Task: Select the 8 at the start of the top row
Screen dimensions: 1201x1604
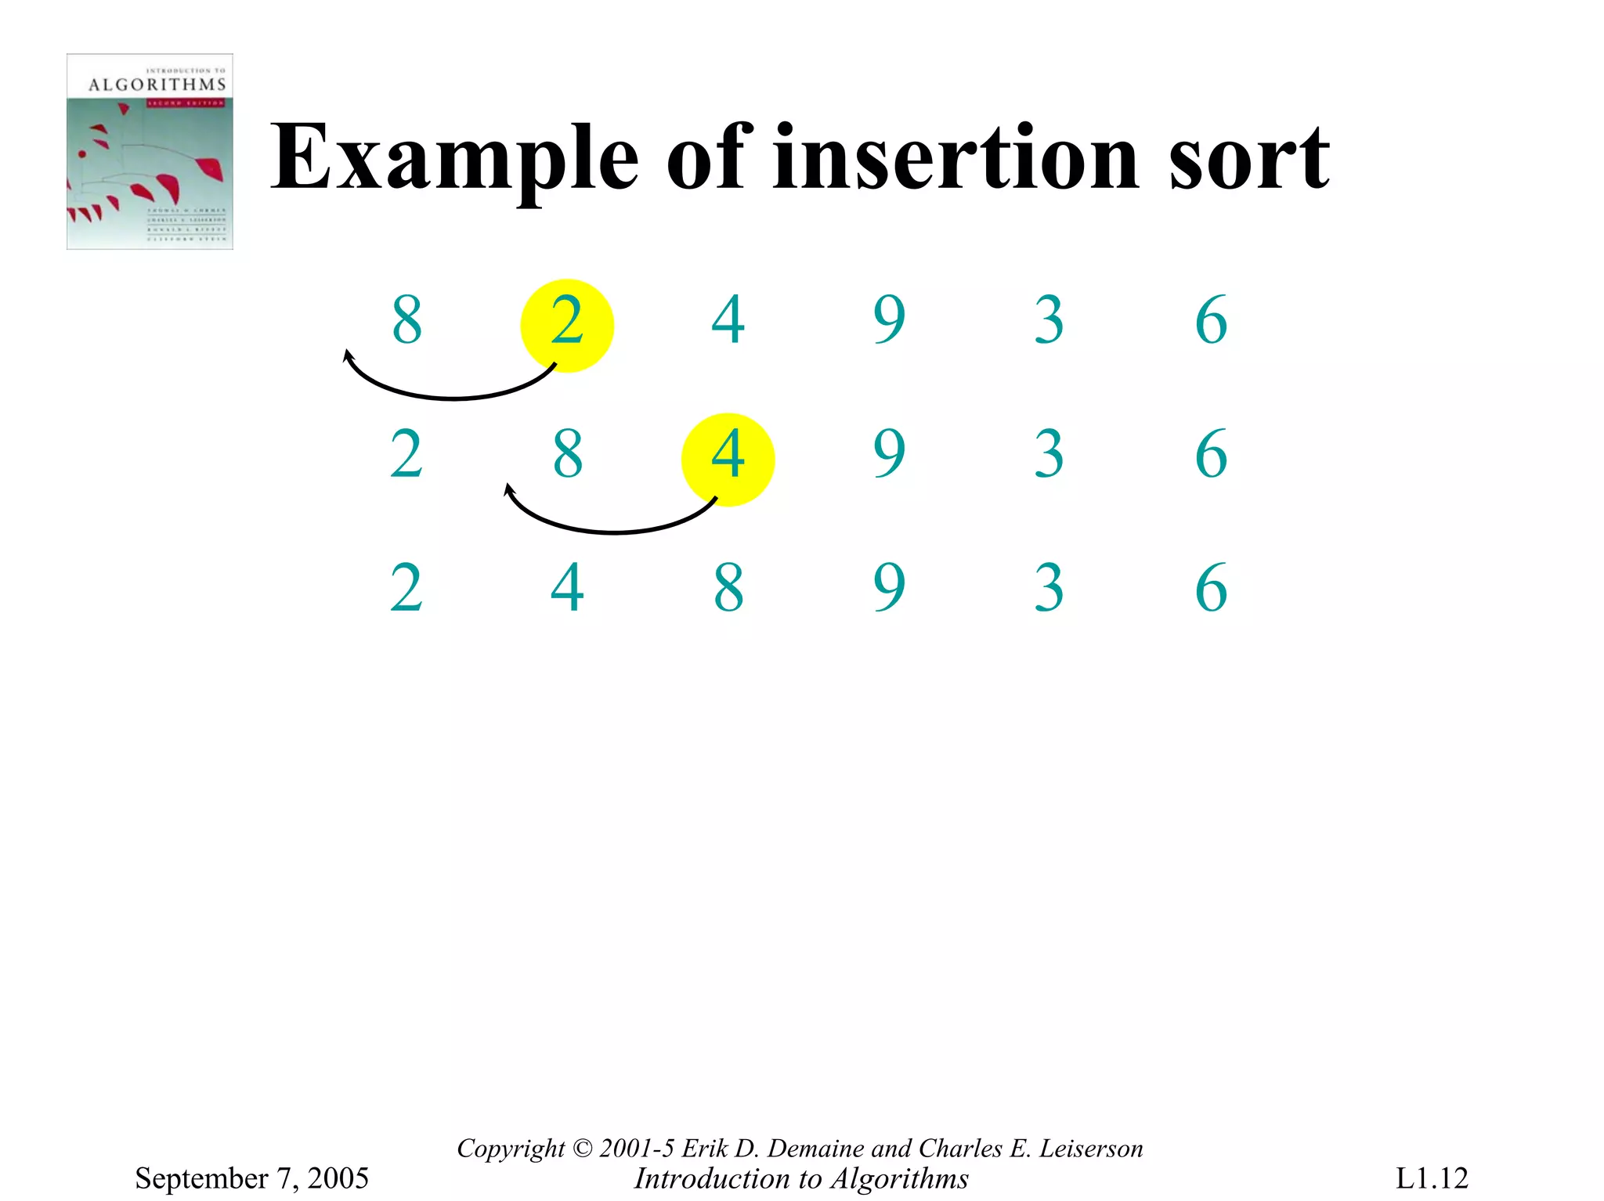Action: click(x=407, y=320)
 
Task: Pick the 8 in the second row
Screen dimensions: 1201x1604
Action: click(x=568, y=454)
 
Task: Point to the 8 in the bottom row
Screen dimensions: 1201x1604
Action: click(x=728, y=588)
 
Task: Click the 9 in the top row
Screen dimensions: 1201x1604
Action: click(x=890, y=320)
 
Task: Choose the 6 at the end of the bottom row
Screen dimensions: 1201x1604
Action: click(x=1211, y=588)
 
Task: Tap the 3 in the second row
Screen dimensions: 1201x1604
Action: click(x=1049, y=454)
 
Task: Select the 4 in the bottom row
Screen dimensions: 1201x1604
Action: click(x=567, y=588)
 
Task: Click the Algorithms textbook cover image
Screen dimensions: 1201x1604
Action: click(x=150, y=152)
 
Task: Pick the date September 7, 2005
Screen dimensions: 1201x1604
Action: click(x=251, y=1178)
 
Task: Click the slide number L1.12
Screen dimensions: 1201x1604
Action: click(x=1431, y=1178)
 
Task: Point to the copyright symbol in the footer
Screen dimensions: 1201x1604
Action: click(x=583, y=1149)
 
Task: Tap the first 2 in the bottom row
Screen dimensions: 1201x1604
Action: click(x=406, y=588)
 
